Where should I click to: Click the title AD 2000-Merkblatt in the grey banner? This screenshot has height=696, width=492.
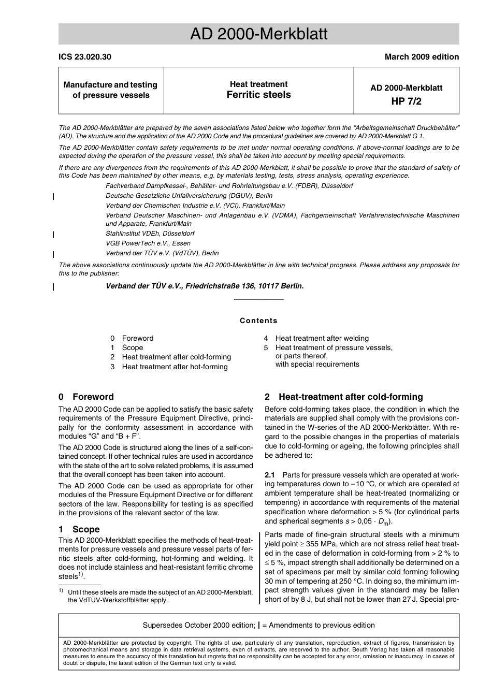point(258,34)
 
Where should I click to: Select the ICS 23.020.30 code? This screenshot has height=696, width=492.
point(84,57)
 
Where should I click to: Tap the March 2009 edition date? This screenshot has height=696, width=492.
point(421,57)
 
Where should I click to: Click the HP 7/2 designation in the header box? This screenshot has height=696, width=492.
point(406,101)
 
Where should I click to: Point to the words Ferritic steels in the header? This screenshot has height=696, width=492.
point(258,95)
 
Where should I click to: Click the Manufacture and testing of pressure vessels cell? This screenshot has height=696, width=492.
point(110,90)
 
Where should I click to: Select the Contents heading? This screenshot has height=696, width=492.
point(258,321)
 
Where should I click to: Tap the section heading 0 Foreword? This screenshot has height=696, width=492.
point(86,397)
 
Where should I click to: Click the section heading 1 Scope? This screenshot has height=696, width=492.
point(79,529)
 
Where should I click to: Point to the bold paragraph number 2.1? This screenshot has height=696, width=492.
point(270,475)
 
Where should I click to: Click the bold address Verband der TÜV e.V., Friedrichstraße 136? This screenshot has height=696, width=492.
point(205,286)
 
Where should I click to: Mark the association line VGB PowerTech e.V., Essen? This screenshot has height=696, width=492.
point(148,243)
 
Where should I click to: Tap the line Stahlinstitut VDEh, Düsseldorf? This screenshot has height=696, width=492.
point(150,234)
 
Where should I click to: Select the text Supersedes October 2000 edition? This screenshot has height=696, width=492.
point(198,625)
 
